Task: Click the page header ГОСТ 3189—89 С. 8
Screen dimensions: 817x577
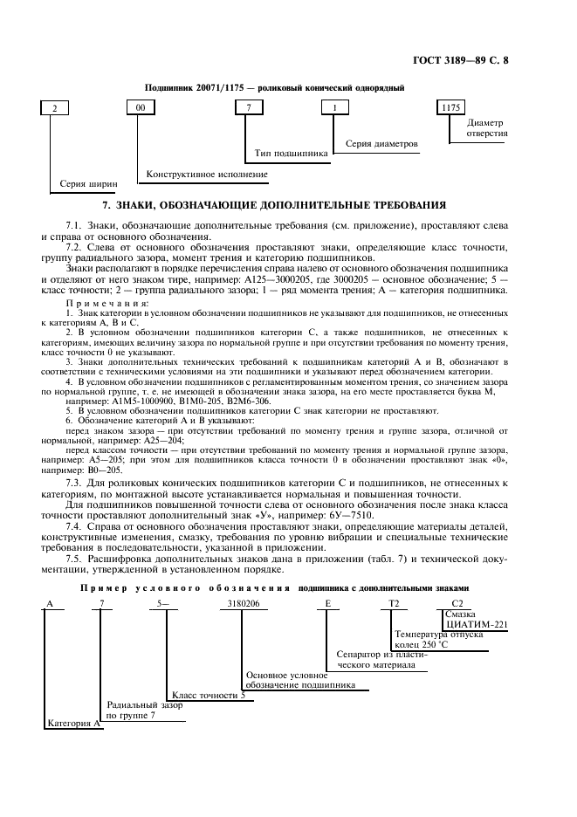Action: click(492, 59)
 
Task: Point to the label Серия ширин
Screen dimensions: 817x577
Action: click(86, 185)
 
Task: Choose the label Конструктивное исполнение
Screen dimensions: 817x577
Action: click(206, 174)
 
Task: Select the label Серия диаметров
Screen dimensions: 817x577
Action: click(381, 142)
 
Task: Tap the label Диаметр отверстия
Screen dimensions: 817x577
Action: click(487, 127)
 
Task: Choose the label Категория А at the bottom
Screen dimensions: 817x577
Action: click(73, 724)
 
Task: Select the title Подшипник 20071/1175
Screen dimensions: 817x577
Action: click(273, 88)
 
